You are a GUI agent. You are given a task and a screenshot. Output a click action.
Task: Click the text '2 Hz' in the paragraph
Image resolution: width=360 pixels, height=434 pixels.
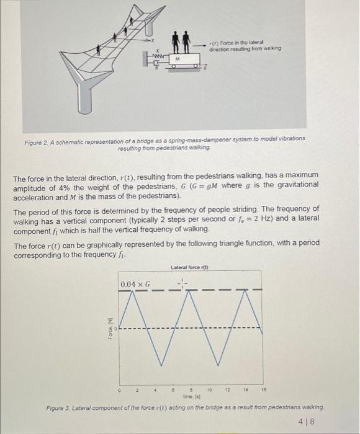(307, 218)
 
